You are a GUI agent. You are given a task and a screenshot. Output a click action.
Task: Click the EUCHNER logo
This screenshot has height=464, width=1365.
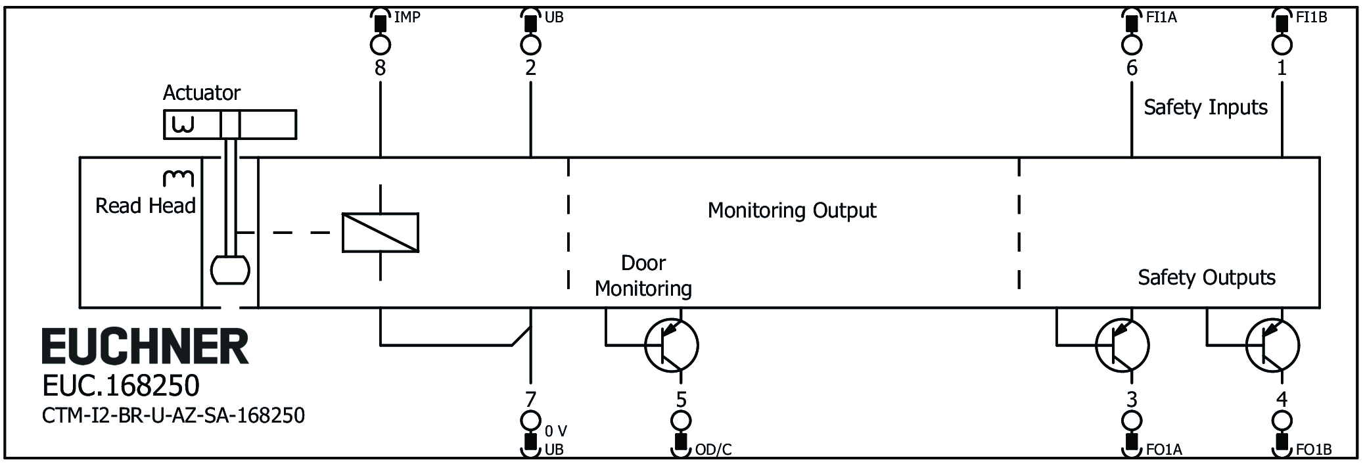(x=145, y=346)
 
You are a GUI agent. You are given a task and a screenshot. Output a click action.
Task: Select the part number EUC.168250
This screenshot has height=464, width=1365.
(x=121, y=386)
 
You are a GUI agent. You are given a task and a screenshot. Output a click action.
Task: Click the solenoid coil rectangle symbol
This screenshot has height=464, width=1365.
(x=381, y=233)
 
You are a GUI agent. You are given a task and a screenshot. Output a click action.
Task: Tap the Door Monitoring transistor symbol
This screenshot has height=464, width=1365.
(x=671, y=345)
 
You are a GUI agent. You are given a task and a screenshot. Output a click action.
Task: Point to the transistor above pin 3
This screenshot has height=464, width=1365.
(x=1122, y=345)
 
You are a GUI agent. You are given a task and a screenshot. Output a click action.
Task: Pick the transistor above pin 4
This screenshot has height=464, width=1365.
(x=1272, y=345)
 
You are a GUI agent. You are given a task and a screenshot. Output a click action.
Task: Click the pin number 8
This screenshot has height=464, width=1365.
(x=380, y=68)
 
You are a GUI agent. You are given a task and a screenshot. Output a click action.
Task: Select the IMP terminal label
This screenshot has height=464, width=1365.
(x=407, y=18)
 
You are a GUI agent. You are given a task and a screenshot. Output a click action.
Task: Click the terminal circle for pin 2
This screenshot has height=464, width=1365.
(x=530, y=45)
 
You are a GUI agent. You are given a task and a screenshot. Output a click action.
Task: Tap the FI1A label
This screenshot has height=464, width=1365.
(x=1161, y=18)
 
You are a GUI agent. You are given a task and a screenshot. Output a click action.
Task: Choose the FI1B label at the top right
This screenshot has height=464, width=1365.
(x=1311, y=18)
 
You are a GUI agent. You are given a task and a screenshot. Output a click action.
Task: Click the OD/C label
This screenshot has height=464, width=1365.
(x=713, y=450)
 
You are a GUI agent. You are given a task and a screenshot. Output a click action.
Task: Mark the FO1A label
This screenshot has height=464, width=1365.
(x=1164, y=450)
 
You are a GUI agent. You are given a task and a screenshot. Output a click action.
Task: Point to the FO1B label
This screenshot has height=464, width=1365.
(x=1314, y=450)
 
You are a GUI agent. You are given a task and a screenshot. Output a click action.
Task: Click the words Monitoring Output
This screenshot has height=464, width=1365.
(x=792, y=210)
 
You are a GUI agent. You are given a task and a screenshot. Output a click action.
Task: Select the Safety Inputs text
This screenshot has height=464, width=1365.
(x=1205, y=107)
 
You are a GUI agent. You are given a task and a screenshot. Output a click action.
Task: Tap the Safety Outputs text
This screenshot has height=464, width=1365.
(x=1207, y=277)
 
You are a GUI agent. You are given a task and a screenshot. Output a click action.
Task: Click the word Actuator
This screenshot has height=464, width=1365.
(x=202, y=93)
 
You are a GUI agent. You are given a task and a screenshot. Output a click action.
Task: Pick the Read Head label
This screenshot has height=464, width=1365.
(x=145, y=206)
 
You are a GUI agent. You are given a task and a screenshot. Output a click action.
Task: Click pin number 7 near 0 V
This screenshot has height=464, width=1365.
(x=530, y=399)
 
